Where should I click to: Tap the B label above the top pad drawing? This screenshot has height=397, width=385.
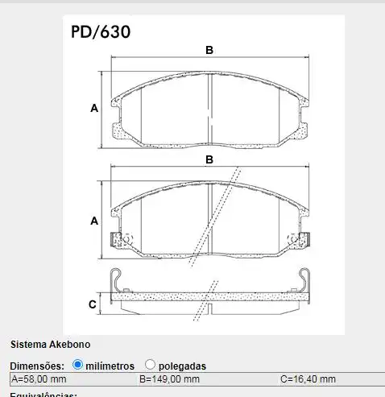click(209, 50)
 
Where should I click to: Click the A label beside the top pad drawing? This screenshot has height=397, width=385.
click(94, 108)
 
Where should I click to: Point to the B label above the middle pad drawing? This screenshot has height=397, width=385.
click(209, 159)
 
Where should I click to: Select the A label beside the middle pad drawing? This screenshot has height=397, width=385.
click(94, 220)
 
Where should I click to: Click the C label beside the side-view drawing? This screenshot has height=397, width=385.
click(92, 304)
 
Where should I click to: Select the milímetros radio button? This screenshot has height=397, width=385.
click(78, 365)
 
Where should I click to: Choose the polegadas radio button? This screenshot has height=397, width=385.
click(150, 365)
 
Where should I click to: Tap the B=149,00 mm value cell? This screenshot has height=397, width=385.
click(169, 379)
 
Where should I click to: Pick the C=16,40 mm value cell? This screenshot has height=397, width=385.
click(308, 379)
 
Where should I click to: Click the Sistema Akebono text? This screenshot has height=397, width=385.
click(45, 344)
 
